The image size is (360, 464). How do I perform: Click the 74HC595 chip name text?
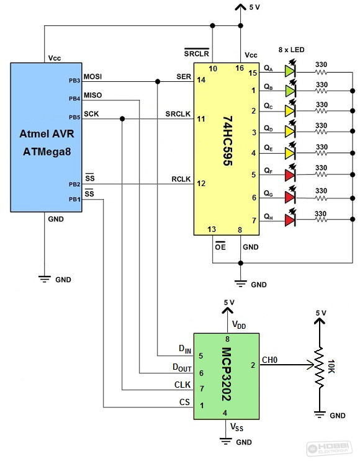pos(227,141)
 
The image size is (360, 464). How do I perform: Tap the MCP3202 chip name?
pos(227,374)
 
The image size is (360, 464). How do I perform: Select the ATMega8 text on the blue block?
pos(47,151)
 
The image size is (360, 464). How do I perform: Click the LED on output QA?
pos(290,71)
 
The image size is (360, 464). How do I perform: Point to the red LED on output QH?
pos(290,220)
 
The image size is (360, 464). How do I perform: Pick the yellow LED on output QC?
pos(290,110)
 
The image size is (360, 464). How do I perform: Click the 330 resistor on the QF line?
pos(321,174)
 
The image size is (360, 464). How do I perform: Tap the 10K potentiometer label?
pos(331,367)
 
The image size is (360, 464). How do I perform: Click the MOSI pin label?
pos(92,77)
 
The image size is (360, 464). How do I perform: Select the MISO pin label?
pos(92,96)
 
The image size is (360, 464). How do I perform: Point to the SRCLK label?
pos(178,114)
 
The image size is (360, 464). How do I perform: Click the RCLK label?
pos(181,179)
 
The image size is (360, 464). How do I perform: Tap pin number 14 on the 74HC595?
pos(201,80)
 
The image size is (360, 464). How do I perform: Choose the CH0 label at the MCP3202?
pos(269,360)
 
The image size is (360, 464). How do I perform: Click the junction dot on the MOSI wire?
pos(158,81)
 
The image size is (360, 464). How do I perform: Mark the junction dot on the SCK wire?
pos(122,118)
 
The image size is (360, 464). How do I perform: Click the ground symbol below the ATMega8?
pos(45,279)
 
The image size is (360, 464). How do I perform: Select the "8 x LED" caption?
pos(291,50)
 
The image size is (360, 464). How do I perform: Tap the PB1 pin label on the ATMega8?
pos(74,200)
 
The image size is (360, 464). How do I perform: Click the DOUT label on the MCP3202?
pos(182,368)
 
